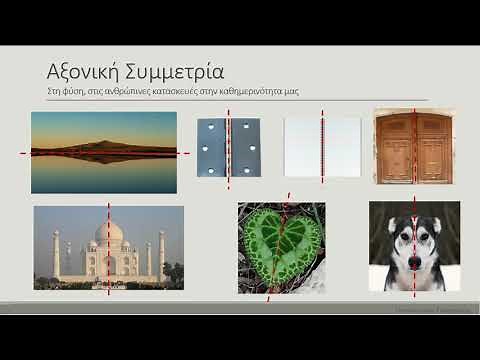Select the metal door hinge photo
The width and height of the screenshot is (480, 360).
pyautogui.click(x=228, y=148)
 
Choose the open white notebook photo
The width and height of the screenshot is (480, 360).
pyautogui.click(x=322, y=148)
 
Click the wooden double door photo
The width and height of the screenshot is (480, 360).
pyautogui.click(x=414, y=146)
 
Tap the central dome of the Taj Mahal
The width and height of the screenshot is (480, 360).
pyautogui.click(x=109, y=234)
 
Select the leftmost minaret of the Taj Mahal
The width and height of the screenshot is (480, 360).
pyautogui.click(x=57, y=255)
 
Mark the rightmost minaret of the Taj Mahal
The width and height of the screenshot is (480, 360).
pyautogui.click(x=161, y=255)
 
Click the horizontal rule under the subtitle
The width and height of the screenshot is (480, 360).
pyautogui.click(x=240, y=100)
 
